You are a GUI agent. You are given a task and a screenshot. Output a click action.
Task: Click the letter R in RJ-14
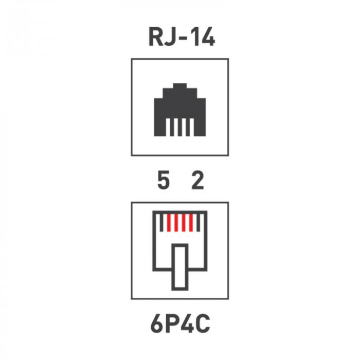[x=155, y=37]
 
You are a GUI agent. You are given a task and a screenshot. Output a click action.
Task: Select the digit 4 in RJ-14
[x=207, y=37]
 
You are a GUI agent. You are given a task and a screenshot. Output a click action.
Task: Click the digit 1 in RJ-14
[x=194, y=37]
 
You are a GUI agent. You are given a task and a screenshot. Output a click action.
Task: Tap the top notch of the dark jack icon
[x=180, y=86]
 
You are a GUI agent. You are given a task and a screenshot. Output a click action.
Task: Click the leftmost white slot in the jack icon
[x=168, y=127]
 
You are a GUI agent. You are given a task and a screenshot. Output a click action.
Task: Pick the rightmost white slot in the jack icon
[x=192, y=127]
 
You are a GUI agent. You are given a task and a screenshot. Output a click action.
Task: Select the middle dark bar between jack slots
[x=180, y=127]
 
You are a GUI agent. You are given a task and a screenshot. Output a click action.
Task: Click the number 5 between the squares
[x=164, y=181]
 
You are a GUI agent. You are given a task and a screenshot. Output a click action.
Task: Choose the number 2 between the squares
[x=197, y=181]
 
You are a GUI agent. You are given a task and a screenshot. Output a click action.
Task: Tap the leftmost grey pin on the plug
[x=161, y=223]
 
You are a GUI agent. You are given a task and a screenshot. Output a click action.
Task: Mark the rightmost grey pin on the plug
[x=199, y=223]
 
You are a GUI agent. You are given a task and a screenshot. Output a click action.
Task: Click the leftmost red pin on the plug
[x=169, y=223]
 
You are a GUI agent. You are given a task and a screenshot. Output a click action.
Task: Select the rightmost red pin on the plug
[x=191, y=223]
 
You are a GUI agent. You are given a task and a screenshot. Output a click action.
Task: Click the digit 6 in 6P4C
[x=157, y=323]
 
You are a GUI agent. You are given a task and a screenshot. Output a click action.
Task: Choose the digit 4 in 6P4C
[x=187, y=323]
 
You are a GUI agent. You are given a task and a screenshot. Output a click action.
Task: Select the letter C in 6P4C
[x=203, y=323]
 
